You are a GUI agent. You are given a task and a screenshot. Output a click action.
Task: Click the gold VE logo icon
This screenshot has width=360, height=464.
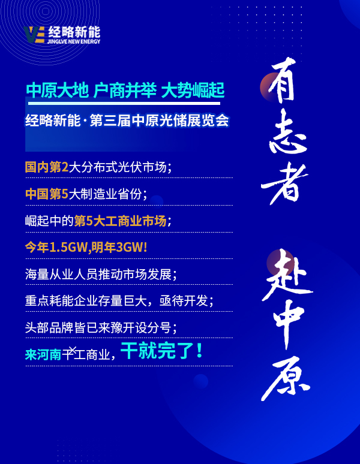[34, 35]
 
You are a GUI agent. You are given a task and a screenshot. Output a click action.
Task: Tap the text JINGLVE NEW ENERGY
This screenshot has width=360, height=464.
[74, 42]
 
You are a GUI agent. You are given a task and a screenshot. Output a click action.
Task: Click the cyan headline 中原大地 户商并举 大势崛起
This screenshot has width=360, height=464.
[125, 91]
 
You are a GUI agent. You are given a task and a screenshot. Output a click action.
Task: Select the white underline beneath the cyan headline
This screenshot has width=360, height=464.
[124, 103]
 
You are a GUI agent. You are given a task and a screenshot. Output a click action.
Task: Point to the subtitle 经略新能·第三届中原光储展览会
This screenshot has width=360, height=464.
[127, 120]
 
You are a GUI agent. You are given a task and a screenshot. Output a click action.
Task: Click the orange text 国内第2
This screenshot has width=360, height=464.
[47, 167]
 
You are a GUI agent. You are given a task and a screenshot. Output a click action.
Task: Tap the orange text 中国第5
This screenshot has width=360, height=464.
[47, 194]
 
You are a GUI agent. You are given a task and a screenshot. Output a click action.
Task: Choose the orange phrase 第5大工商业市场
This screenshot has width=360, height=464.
[120, 221]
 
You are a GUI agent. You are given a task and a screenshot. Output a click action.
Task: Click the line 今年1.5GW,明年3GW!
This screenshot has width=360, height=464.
[86, 248]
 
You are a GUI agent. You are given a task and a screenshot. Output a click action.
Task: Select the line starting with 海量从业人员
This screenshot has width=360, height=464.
[101, 275]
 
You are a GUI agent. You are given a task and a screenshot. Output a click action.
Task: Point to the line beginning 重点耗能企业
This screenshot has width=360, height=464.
[119, 301]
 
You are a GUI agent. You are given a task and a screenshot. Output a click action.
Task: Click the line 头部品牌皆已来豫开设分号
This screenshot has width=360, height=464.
[101, 328]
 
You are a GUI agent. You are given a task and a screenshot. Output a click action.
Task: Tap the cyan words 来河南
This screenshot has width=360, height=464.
[43, 354]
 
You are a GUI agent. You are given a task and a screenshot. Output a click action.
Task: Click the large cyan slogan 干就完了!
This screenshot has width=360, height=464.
[161, 351]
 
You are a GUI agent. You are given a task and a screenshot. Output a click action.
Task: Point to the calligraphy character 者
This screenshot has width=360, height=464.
[284, 183]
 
